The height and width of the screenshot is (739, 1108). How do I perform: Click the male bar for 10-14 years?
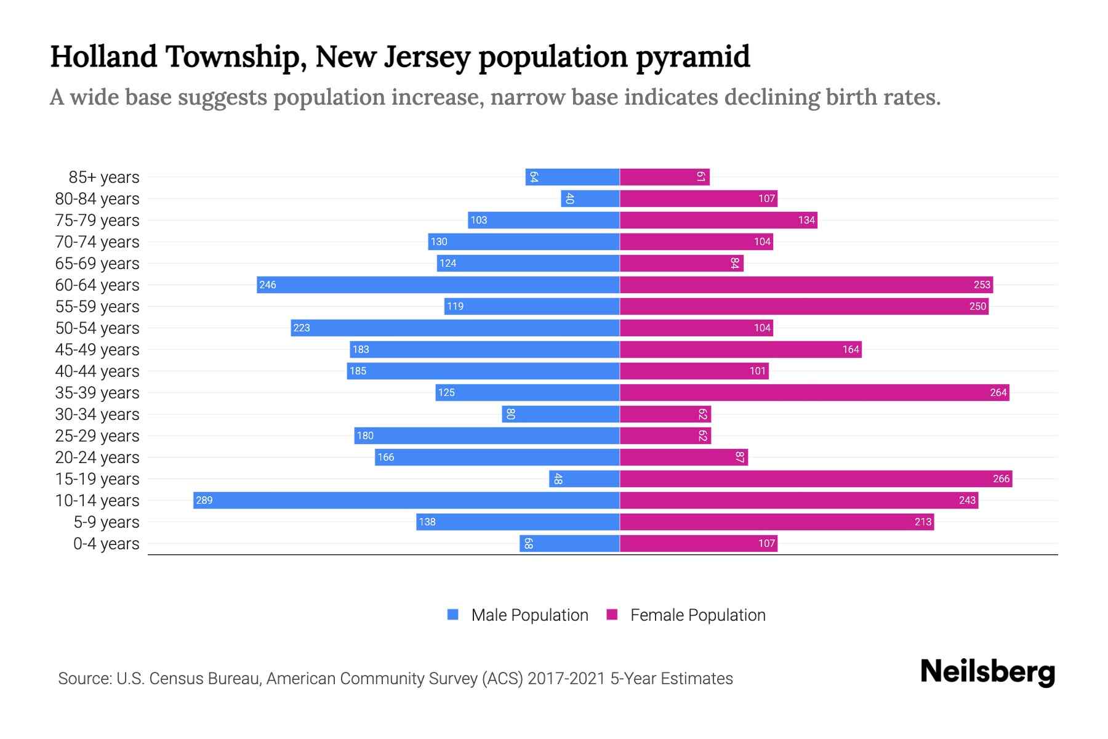[x=406, y=500]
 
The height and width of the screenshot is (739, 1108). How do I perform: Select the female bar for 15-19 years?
[x=816, y=479]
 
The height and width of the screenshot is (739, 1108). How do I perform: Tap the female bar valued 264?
[x=814, y=392]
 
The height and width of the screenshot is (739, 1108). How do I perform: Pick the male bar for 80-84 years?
[x=590, y=198]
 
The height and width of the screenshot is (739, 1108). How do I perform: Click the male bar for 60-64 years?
[x=438, y=285]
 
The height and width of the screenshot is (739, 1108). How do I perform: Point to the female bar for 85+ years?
[x=664, y=177]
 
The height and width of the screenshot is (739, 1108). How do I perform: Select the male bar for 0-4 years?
[x=569, y=543]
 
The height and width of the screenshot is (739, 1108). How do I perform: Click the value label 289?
[x=204, y=500]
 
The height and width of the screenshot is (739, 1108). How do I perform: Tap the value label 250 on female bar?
[x=978, y=306]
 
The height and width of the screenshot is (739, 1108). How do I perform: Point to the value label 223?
[x=302, y=328]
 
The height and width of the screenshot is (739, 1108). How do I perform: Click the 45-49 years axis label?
[x=97, y=349]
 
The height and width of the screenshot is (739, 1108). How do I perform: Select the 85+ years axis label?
[x=104, y=177]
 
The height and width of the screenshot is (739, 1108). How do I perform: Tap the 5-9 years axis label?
[x=106, y=522]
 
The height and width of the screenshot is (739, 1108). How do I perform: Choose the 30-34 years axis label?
[x=97, y=414]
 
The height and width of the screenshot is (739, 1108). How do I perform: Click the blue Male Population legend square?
[x=453, y=615]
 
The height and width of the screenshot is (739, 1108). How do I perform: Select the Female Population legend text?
[x=697, y=615]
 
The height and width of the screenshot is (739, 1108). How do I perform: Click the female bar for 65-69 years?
[x=681, y=263]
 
